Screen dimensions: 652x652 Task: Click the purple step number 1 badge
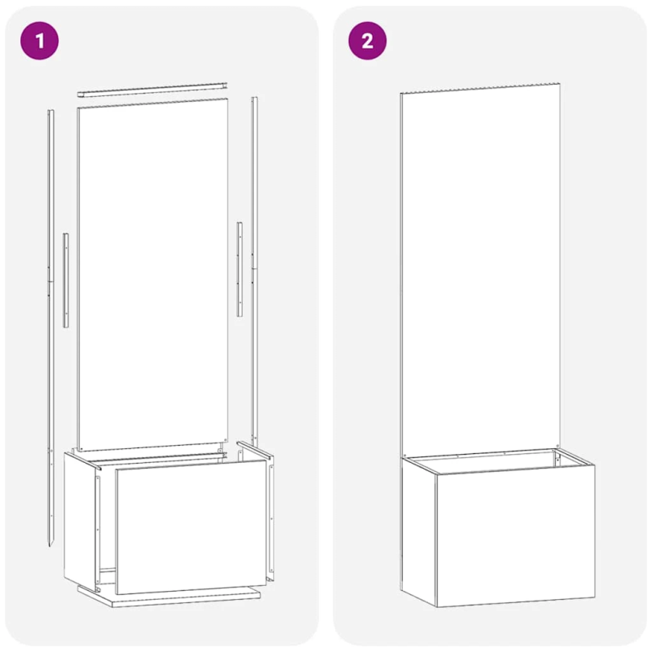39,41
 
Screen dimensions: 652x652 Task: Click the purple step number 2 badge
368,41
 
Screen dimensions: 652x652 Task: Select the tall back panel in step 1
152,269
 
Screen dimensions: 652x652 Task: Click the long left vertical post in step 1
51,326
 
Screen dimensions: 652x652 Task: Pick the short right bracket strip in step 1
240,268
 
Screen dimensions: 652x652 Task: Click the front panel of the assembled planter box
515,538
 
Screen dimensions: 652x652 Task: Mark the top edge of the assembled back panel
481,87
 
